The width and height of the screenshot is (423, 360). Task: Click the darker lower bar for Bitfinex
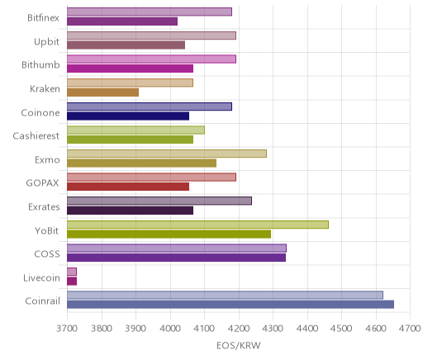(122, 21)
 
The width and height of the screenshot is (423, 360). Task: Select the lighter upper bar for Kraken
(130, 83)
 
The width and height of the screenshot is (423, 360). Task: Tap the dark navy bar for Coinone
(128, 116)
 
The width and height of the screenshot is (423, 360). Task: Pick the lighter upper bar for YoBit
(197, 225)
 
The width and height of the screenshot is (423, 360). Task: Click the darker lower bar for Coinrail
(231, 305)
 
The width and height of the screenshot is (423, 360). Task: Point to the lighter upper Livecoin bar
(72, 272)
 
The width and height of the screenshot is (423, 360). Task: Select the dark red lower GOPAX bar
(128, 187)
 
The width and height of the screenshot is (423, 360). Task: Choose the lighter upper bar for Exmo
(167, 154)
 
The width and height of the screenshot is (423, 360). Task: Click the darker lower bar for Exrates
(131, 211)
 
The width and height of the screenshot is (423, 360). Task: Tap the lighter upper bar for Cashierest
(135, 130)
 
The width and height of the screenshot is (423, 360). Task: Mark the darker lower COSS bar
(177, 258)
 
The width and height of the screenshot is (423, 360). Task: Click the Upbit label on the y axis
(46, 42)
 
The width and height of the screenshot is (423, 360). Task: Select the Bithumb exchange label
(40, 65)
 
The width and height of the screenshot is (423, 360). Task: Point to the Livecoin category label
(41, 277)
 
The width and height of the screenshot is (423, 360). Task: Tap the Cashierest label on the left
(36, 136)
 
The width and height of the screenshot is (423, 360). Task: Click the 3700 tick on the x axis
(67, 329)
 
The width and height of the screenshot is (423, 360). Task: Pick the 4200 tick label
(239, 329)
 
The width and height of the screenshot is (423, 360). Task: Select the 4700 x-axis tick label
(410, 329)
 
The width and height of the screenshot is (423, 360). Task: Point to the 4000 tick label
(170, 329)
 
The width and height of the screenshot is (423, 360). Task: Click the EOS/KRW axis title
(239, 345)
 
